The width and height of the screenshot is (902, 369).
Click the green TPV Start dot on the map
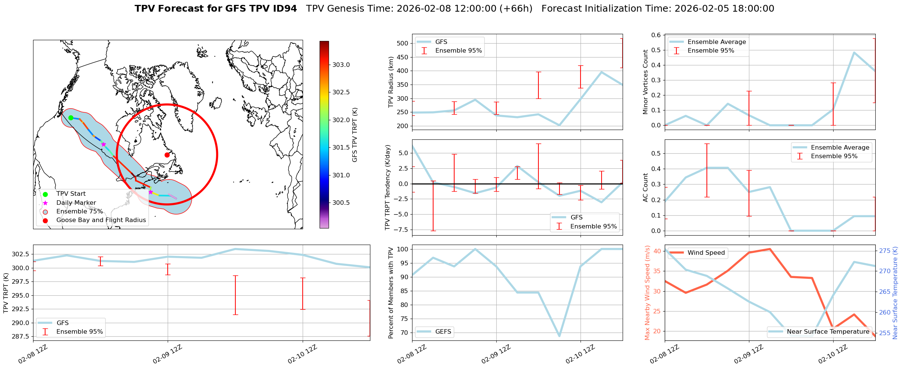pyautogui.click(x=71, y=118)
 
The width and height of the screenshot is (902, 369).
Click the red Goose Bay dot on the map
pyautogui.click(x=167, y=155)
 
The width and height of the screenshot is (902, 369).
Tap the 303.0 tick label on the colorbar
pyautogui.click(x=341, y=65)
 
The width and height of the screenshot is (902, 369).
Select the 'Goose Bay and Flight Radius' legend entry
pyautogui.click(x=101, y=220)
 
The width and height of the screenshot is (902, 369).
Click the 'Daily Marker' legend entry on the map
pyautogui.click(x=76, y=203)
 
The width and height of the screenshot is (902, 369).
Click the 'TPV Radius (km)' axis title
pyautogui.click(x=391, y=82)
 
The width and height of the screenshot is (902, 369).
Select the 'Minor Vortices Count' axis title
pyautogui.click(x=646, y=82)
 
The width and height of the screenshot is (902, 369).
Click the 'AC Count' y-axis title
pyautogui.click(x=646, y=188)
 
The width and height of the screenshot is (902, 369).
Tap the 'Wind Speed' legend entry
pyautogui.click(x=706, y=253)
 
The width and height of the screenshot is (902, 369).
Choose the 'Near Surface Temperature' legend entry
pyautogui.click(x=828, y=332)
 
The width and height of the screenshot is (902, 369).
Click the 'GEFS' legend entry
pyautogui.click(x=443, y=332)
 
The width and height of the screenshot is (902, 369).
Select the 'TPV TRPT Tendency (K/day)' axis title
pyautogui.click(x=388, y=188)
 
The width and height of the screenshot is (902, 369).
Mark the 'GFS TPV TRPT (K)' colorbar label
pyautogui.click(x=355, y=135)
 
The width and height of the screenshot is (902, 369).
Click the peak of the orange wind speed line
pyautogui.click(x=770, y=249)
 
